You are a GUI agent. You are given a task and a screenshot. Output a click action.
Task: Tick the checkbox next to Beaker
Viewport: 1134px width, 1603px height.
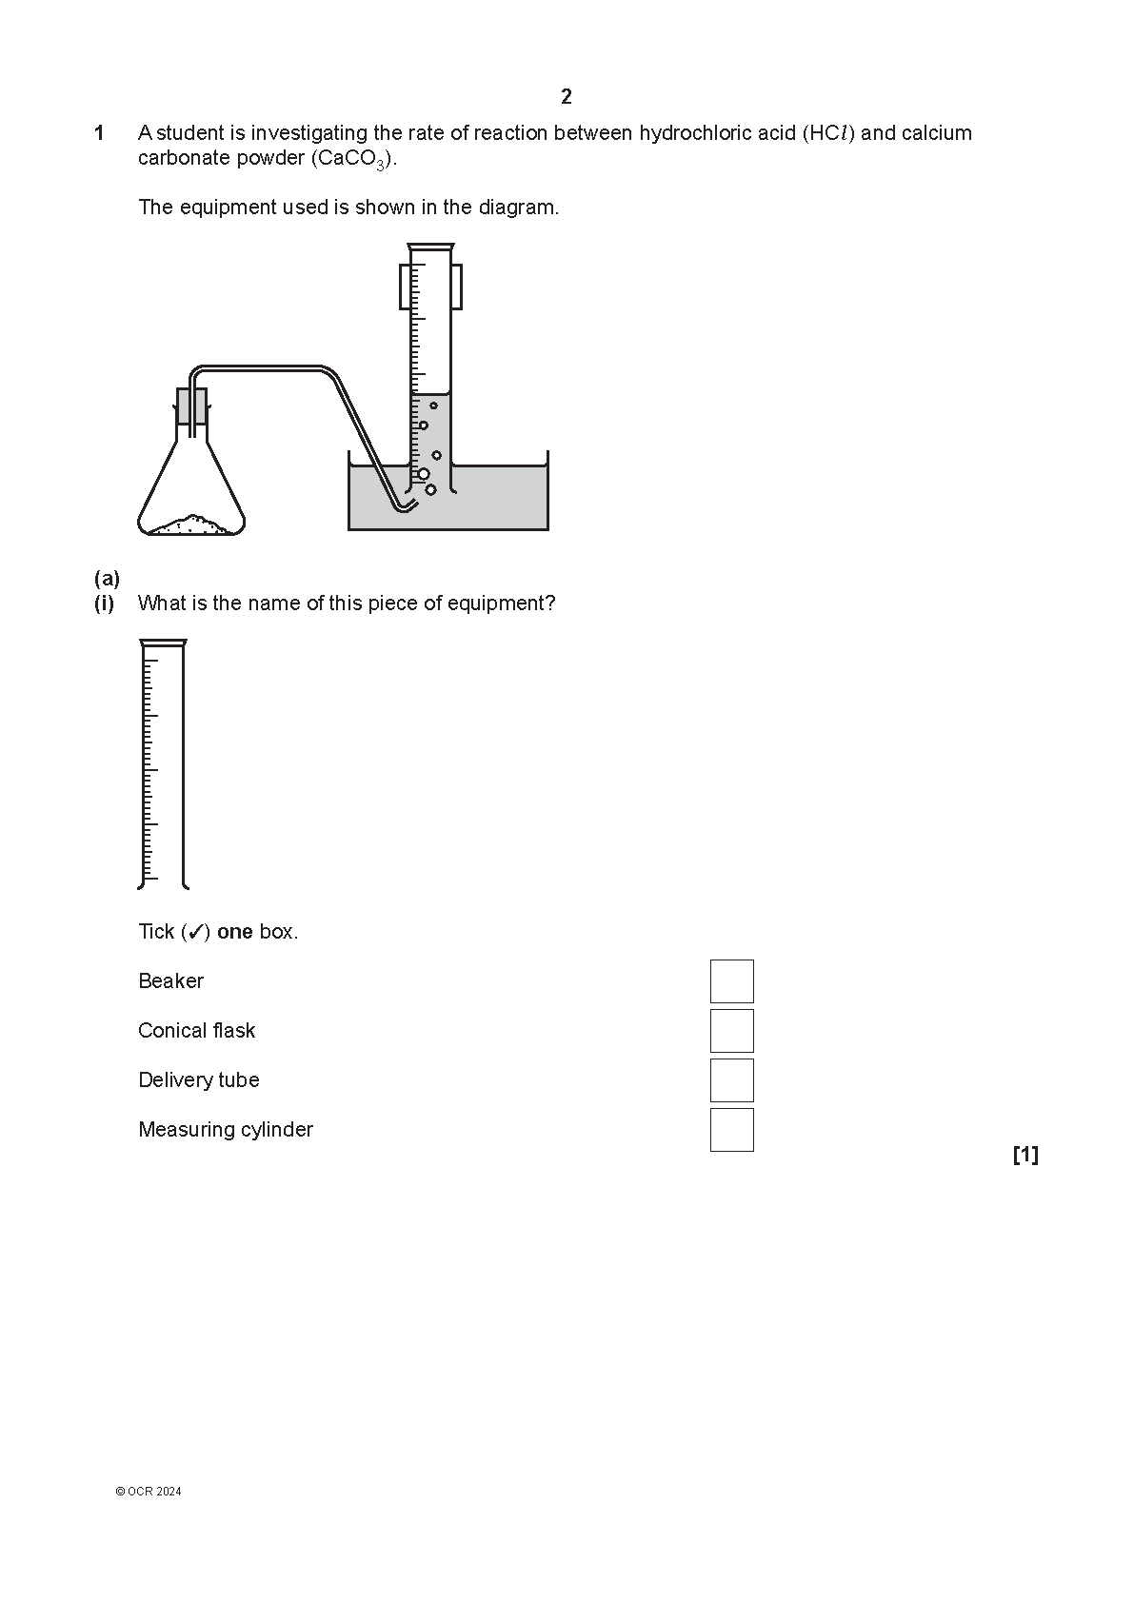(731, 981)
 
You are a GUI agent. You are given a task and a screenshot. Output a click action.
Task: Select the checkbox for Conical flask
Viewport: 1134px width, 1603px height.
(731, 1031)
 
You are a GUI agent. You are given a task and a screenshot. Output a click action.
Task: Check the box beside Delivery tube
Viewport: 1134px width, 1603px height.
(731, 1079)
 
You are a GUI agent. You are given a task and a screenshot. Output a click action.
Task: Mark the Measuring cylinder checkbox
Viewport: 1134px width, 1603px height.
(731, 1129)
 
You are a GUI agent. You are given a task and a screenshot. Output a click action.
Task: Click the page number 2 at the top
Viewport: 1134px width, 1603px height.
(567, 96)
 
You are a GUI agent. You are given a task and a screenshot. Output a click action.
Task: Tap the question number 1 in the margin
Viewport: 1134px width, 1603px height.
(100, 133)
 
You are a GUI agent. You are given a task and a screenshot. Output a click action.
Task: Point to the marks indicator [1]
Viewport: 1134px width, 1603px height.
(1025, 1155)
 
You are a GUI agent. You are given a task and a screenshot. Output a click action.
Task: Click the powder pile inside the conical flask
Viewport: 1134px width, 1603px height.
(191, 525)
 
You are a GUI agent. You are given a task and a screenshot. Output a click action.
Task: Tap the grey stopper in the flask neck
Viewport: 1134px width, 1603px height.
(192, 406)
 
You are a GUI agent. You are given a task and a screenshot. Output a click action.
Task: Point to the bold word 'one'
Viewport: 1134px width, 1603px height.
(235, 932)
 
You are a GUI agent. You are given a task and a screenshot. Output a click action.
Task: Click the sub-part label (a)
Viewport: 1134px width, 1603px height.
(107, 578)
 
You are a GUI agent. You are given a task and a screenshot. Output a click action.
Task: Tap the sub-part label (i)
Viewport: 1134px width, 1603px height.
(104, 604)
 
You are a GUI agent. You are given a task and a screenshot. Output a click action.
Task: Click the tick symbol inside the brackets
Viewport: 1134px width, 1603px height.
(195, 932)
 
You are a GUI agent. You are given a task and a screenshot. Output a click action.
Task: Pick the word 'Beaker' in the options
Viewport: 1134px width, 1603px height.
(170, 981)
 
